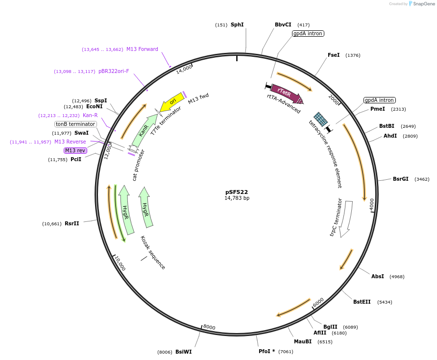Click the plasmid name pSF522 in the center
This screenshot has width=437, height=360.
click(x=237, y=192)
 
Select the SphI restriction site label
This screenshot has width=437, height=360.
click(x=237, y=24)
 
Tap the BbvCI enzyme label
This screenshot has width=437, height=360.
click(x=283, y=24)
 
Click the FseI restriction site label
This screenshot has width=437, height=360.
click(x=334, y=55)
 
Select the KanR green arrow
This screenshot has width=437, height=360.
click(x=144, y=131)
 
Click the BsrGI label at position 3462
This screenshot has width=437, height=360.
click(x=400, y=179)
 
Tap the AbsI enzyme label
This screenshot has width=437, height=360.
click(x=377, y=276)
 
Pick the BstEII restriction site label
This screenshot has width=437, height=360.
click(x=362, y=302)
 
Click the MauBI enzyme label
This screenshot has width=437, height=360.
click(x=302, y=341)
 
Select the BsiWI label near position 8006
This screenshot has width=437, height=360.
click(x=183, y=352)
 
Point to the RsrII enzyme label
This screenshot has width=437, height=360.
click(x=72, y=223)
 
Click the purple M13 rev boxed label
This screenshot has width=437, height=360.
click(x=75, y=150)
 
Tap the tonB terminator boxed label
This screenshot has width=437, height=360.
click(x=75, y=124)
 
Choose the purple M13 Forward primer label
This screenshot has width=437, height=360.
click(x=142, y=49)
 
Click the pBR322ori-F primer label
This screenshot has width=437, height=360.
click(x=114, y=71)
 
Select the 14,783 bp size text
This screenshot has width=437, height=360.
click(x=237, y=198)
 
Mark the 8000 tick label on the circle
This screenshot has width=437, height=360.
click(x=209, y=327)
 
